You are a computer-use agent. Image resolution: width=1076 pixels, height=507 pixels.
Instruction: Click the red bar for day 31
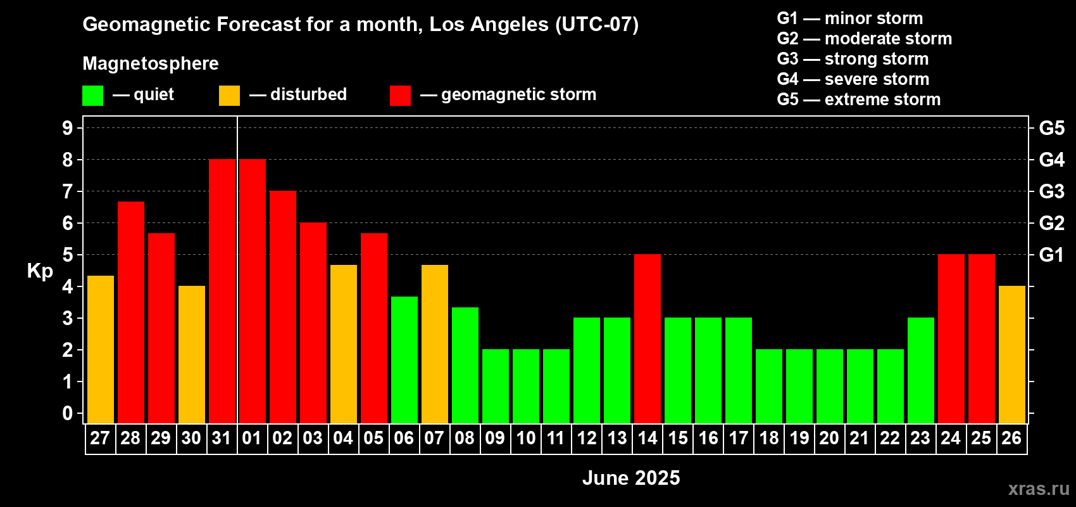[x=222, y=291]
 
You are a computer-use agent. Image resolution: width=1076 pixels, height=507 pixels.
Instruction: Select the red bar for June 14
[x=647, y=338]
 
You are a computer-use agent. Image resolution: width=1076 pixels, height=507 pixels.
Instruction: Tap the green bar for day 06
[x=404, y=360]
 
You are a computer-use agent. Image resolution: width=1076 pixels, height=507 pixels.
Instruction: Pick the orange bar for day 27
[x=101, y=349]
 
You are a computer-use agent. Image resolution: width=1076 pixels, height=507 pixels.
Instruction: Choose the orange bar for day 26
[x=1012, y=354]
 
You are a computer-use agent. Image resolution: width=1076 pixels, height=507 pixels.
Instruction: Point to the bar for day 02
[x=283, y=307]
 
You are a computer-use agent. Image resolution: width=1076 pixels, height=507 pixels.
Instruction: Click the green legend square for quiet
[x=92, y=95]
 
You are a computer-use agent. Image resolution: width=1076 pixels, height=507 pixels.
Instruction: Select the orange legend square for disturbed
[x=229, y=95]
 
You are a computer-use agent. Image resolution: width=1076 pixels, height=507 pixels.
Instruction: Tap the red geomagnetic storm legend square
[x=400, y=95]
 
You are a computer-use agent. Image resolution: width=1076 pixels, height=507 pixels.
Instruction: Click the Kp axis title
[x=40, y=271]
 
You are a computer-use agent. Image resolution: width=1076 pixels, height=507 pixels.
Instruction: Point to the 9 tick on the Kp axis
[x=67, y=128]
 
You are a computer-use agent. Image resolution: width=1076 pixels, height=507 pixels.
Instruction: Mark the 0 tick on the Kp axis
[x=67, y=413]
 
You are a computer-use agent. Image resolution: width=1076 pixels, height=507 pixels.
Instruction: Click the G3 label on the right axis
[x=1052, y=191]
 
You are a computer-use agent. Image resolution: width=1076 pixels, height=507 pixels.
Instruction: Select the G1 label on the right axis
[x=1052, y=255]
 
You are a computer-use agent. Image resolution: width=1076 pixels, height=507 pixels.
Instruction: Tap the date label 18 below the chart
[x=769, y=438]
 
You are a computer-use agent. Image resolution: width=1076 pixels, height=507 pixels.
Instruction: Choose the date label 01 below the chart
[x=252, y=438]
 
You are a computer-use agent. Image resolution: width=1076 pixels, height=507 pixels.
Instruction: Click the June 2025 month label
[x=631, y=478]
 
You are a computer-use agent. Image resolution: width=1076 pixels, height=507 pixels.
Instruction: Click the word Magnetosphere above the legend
[x=151, y=63]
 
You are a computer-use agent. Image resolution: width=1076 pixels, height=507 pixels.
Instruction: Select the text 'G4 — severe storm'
[x=853, y=79]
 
